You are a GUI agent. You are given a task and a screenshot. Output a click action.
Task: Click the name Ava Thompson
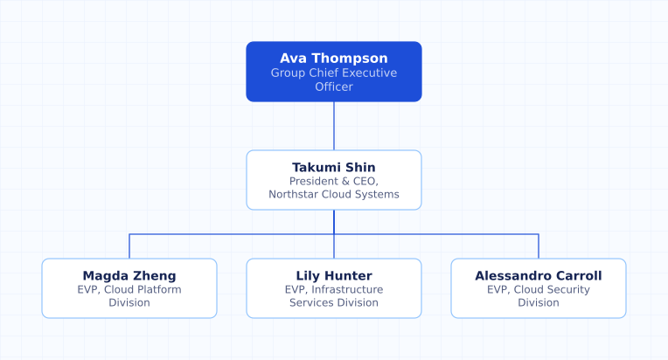pos(334,59)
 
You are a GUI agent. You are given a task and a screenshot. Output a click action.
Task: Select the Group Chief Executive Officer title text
pos(334,80)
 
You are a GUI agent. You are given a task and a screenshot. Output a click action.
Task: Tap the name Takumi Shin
pos(334,167)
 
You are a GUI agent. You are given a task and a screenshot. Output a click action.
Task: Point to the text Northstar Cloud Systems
pos(334,195)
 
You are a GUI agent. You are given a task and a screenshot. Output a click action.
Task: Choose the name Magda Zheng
pos(129,276)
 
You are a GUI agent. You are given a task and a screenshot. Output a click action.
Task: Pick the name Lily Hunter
pos(334,276)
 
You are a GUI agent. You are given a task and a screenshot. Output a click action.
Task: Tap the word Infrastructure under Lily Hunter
pos(347,290)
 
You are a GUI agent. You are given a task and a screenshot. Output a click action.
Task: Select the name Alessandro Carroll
pos(539,276)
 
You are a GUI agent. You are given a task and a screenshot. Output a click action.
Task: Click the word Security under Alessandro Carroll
pos(568,290)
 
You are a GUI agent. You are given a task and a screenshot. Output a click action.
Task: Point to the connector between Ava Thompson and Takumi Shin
pos(334,126)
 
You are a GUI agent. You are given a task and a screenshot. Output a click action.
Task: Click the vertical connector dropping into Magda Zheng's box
pos(129,246)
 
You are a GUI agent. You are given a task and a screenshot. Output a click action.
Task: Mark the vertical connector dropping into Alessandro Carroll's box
pos(539,246)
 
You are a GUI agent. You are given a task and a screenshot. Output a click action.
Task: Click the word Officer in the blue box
pos(334,87)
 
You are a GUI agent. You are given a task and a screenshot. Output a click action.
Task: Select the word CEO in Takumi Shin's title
pos(365,181)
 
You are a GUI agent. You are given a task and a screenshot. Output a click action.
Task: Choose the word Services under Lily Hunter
pos(309,303)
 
